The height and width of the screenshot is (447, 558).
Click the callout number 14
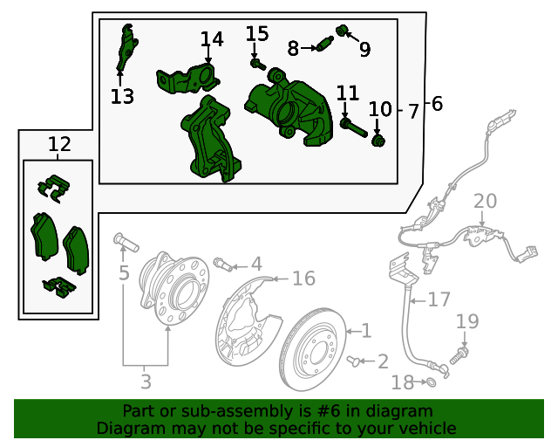click(212, 39)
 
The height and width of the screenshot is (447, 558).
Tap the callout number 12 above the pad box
click(59, 144)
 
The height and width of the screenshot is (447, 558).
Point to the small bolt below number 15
click(257, 63)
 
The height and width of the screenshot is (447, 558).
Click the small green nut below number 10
click(378, 140)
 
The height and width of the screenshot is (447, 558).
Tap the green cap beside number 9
click(342, 31)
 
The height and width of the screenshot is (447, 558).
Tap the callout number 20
click(485, 202)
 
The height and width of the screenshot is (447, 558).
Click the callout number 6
click(437, 105)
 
